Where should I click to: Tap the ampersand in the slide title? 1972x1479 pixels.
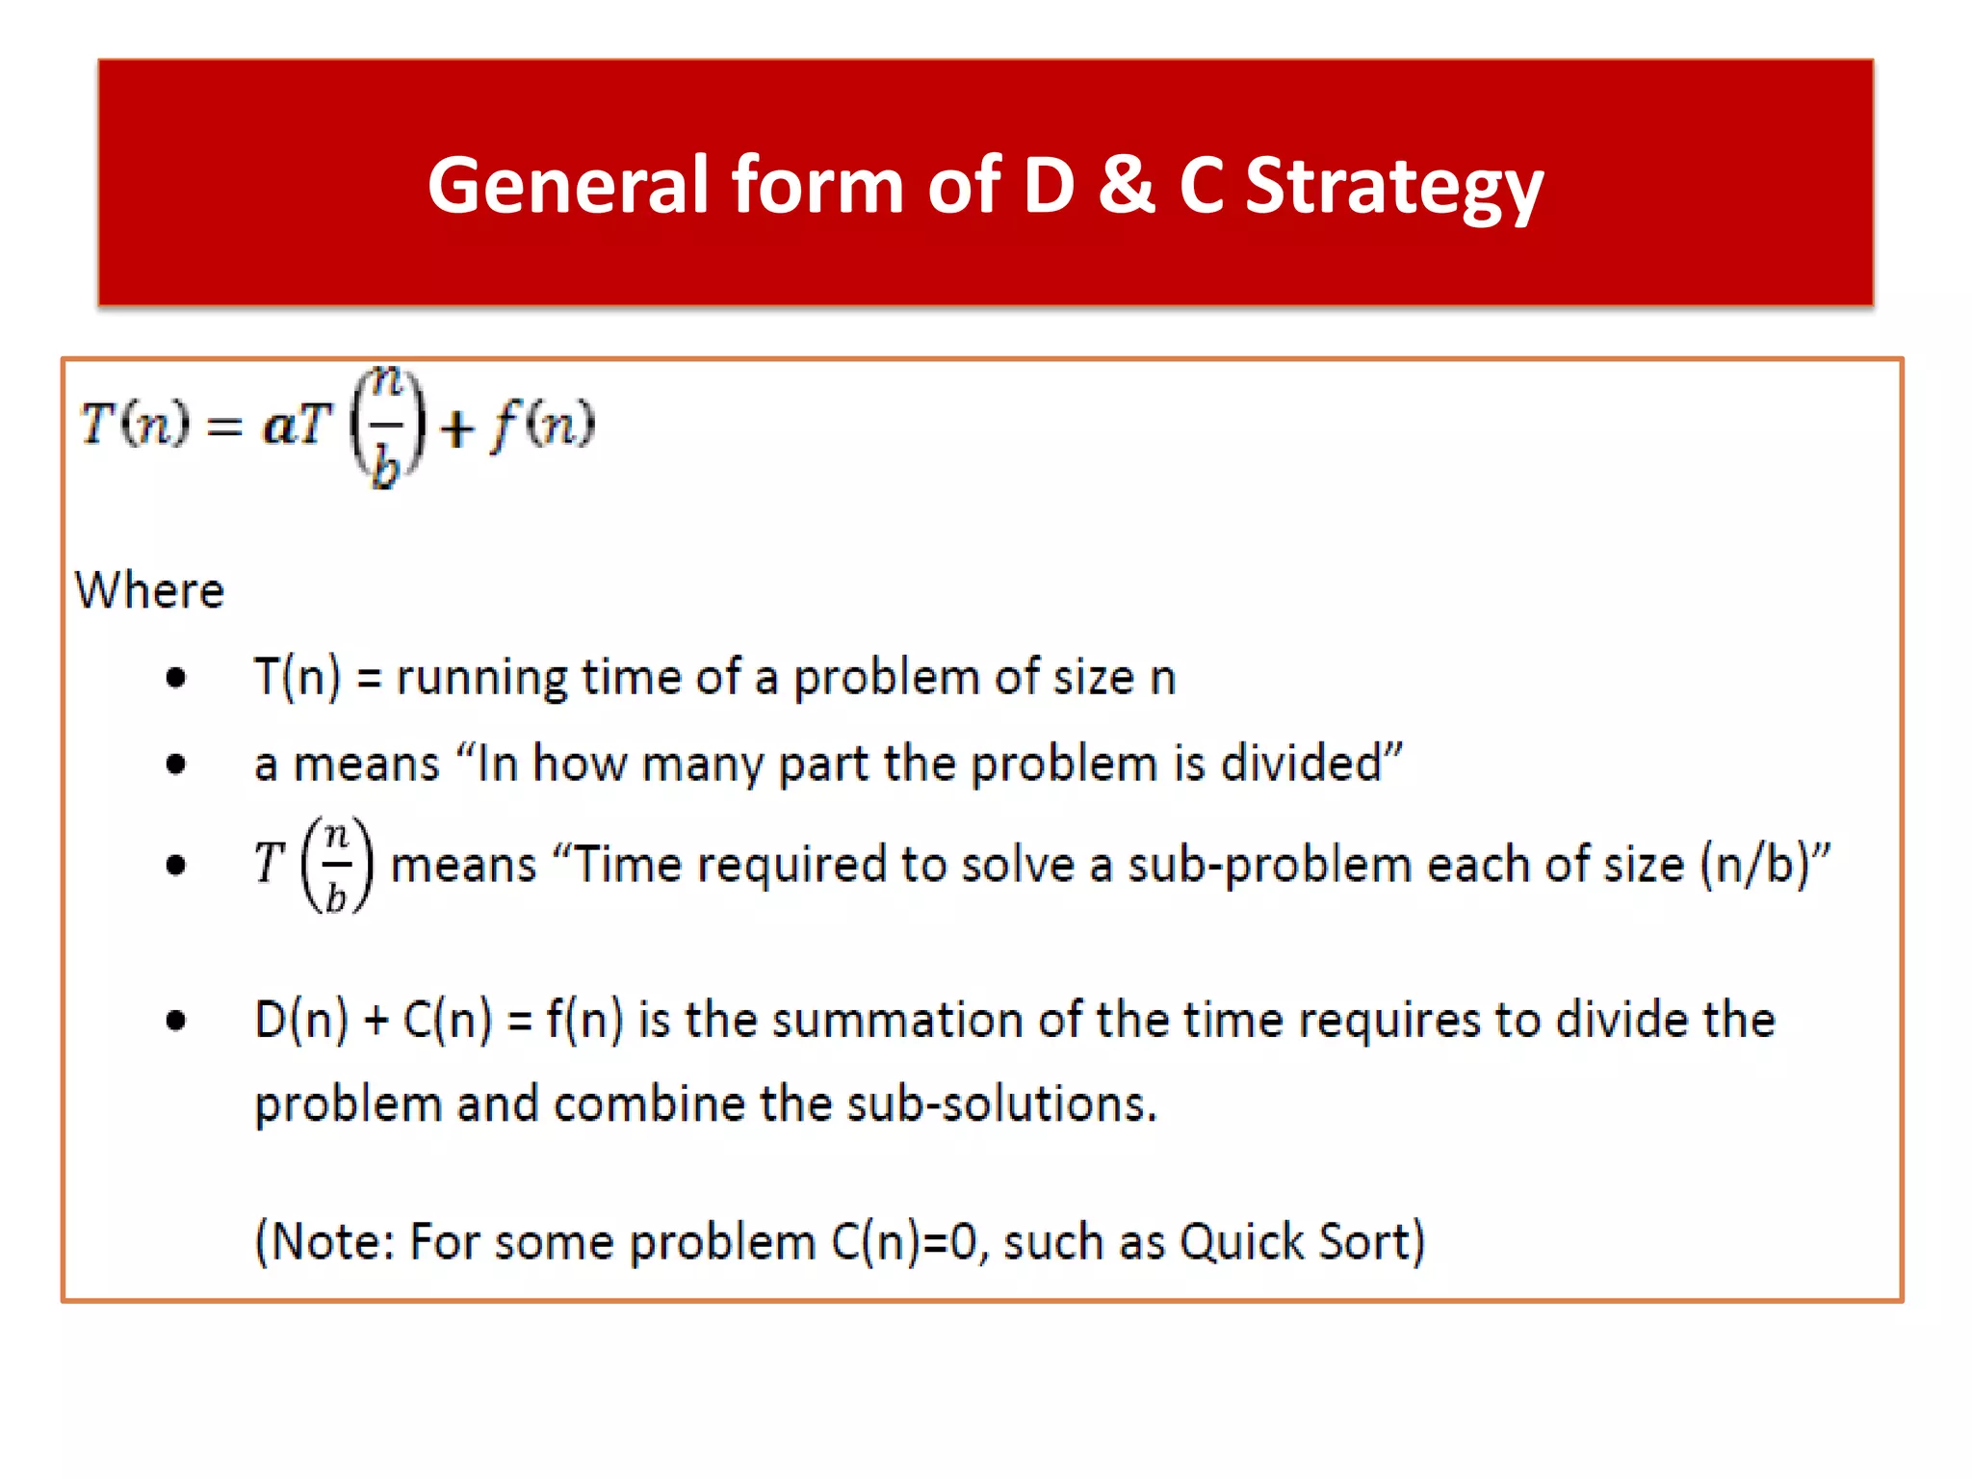pyautogui.click(x=1126, y=184)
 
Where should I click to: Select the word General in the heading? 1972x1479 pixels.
pyautogui.click(x=568, y=184)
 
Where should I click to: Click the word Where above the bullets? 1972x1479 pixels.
pyautogui.click(x=149, y=590)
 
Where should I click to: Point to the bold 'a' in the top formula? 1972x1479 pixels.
pyautogui.click(x=278, y=425)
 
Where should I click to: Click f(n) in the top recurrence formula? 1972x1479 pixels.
pyautogui.click(x=543, y=425)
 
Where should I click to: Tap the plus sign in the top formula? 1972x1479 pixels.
pyautogui.click(x=456, y=428)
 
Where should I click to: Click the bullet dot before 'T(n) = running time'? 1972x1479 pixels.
pyautogui.click(x=175, y=678)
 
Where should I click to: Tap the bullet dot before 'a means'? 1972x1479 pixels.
pyautogui.click(x=175, y=765)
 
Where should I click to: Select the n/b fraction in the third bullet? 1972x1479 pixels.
pyautogui.click(x=336, y=865)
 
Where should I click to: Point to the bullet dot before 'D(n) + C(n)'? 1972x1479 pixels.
pyautogui.click(x=175, y=1020)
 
